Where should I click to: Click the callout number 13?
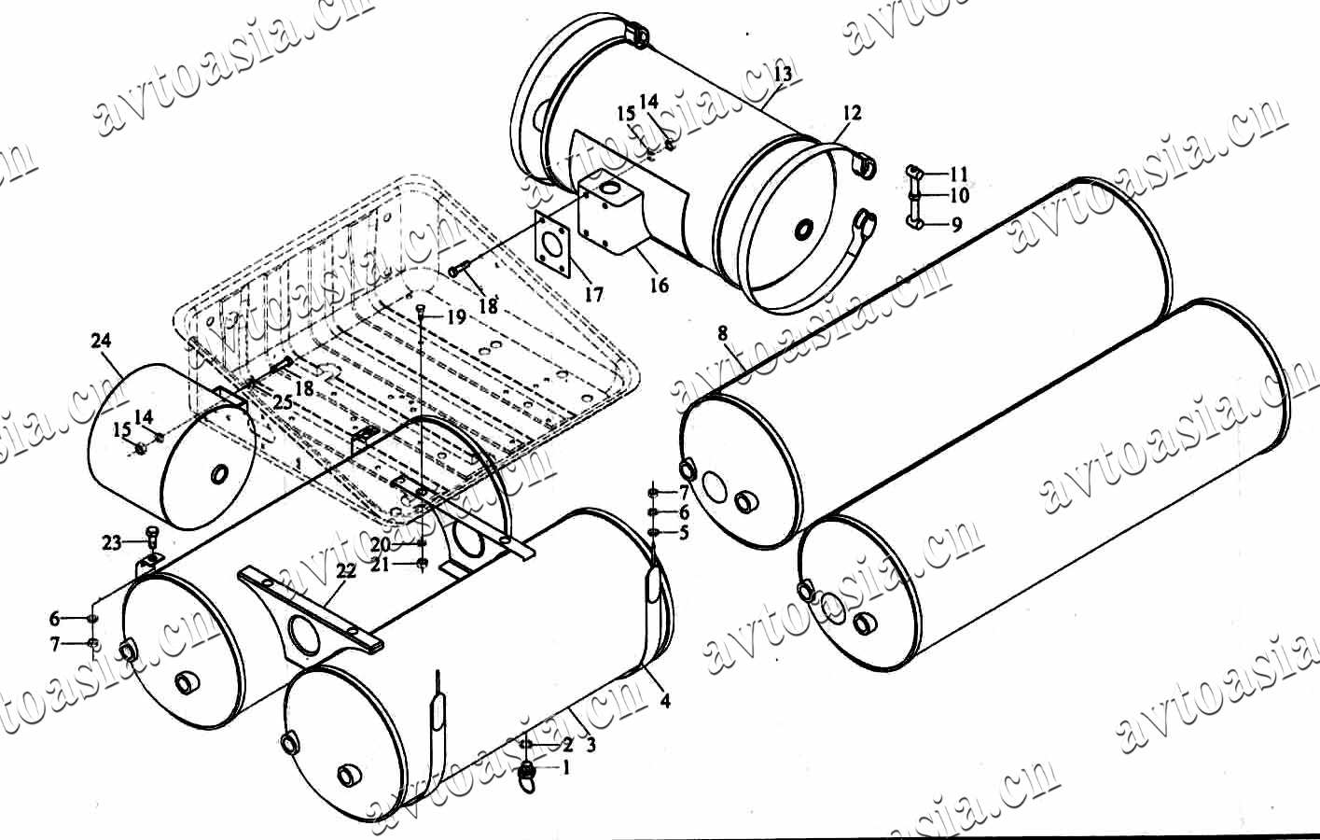[x=784, y=74]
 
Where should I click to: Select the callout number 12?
[x=852, y=112]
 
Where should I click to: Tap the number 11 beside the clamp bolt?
[x=959, y=174]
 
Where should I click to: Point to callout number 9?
[x=957, y=224]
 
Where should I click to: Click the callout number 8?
[x=723, y=333]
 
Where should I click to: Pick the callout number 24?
[x=102, y=340]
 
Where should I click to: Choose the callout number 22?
[x=346, y=570]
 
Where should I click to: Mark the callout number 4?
[x=665, y=700]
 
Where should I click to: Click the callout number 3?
[x=591, y=745]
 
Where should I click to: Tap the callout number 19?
[x=456, y=317]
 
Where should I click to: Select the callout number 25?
[x=283, y=402]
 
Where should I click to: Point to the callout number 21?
[x=380, y=565]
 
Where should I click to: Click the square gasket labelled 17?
[x=553, y=244]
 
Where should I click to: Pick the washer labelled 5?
[x=653, y=532]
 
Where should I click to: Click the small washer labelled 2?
[x=526, y=745]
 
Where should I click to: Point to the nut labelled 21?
[x=422, y=564]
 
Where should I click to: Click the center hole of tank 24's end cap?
[x=219, y=473]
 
